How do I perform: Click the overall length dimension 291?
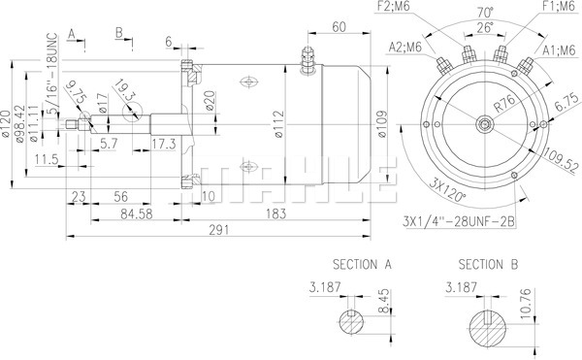[218, 230]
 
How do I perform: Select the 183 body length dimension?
[275, 213]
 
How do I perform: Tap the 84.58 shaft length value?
[136, 214]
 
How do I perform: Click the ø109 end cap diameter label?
[382, 124]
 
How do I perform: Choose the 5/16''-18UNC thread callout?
[53, 74]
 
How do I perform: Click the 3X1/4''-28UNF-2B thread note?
[459, 222]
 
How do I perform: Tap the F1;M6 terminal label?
[559, 7]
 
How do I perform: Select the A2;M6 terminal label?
[405, 48]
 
